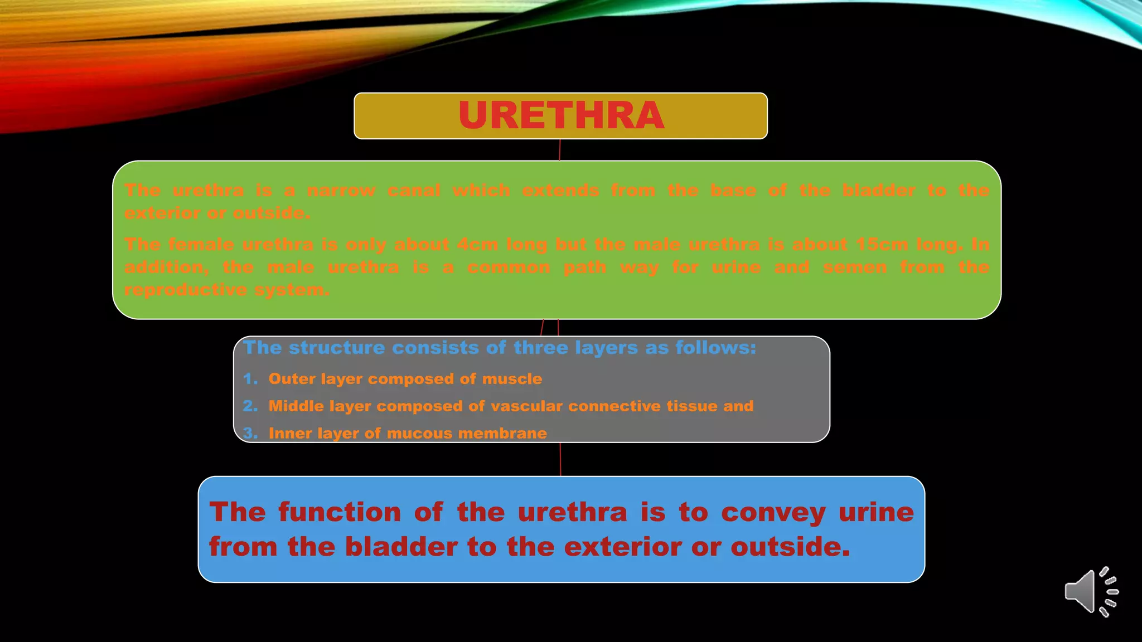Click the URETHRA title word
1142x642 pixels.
(x=561, y=115)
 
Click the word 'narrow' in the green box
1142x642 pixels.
(x=341, y=190)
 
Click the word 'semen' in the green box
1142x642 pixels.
(x=855, y=267)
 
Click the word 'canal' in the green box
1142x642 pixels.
(x=414, y=190)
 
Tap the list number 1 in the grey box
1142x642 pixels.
(x=250, y=379)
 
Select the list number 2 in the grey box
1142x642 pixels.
(x=250, y=406)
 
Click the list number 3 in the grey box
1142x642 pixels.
(x=250, y=433)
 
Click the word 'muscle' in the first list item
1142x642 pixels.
(x=512, y=379)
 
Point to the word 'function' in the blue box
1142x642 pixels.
(x=340, y=512)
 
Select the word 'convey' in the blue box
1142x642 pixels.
(x=773, y=513)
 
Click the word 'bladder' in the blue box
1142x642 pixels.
(x=401, y=547)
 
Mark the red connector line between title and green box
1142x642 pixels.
(x=559, y=150)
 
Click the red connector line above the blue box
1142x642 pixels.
(x=560, y=459)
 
